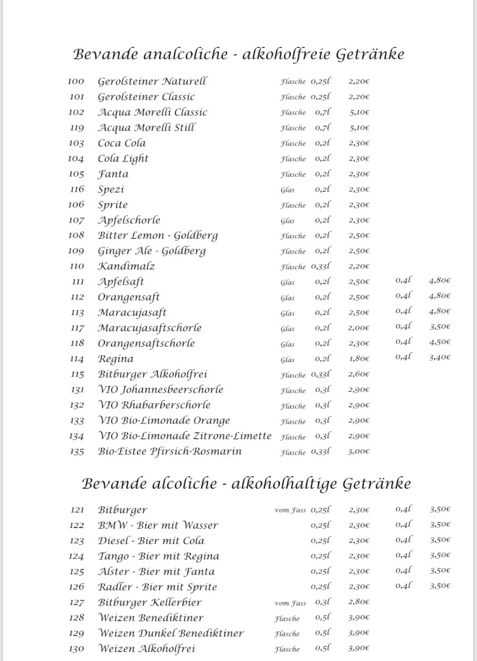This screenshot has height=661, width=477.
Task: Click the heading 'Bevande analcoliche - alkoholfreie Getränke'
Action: point(238,54)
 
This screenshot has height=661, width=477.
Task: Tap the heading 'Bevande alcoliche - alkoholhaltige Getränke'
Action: point(246,483)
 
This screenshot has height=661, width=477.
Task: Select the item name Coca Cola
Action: point(122,143)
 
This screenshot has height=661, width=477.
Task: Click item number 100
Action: point(76,82)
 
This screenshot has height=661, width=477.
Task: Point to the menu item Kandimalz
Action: point(126,266)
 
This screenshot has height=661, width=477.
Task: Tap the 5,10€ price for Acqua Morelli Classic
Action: point(359,113)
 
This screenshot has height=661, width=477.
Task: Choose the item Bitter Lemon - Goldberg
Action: point(158,236)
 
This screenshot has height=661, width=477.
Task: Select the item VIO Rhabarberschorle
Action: point(154,405)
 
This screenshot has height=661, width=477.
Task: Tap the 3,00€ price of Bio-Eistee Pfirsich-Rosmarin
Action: point(359,452)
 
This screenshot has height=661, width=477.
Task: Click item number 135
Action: point(77,452)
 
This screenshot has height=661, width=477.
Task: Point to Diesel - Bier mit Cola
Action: point(151,541)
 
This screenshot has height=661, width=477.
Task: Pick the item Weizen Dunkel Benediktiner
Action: point(171,633)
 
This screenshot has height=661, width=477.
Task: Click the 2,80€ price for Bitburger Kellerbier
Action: point(359,603)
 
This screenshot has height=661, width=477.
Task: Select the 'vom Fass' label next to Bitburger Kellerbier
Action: point(290,603)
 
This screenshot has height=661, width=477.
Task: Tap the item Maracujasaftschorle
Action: point(149,328)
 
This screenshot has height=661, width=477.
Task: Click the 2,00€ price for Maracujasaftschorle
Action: point(359,328)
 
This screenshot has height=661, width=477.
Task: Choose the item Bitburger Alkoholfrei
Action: point(153,374)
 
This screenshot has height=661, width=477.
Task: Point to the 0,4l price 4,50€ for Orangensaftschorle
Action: point(440,343)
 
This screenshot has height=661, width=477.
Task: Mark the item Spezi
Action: point(111,190)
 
